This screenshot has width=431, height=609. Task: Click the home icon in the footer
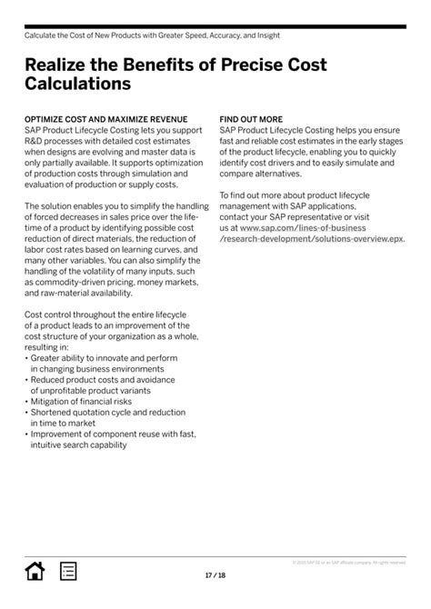click(35, 571)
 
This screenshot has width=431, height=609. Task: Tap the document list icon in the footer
click(68, 571)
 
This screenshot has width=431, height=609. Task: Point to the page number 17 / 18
click(215, 575)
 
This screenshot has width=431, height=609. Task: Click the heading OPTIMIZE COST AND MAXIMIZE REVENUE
click(105, 119)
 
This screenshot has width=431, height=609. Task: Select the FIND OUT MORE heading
click(251, 119)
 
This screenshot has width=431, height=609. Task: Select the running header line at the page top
click(152, 35)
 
